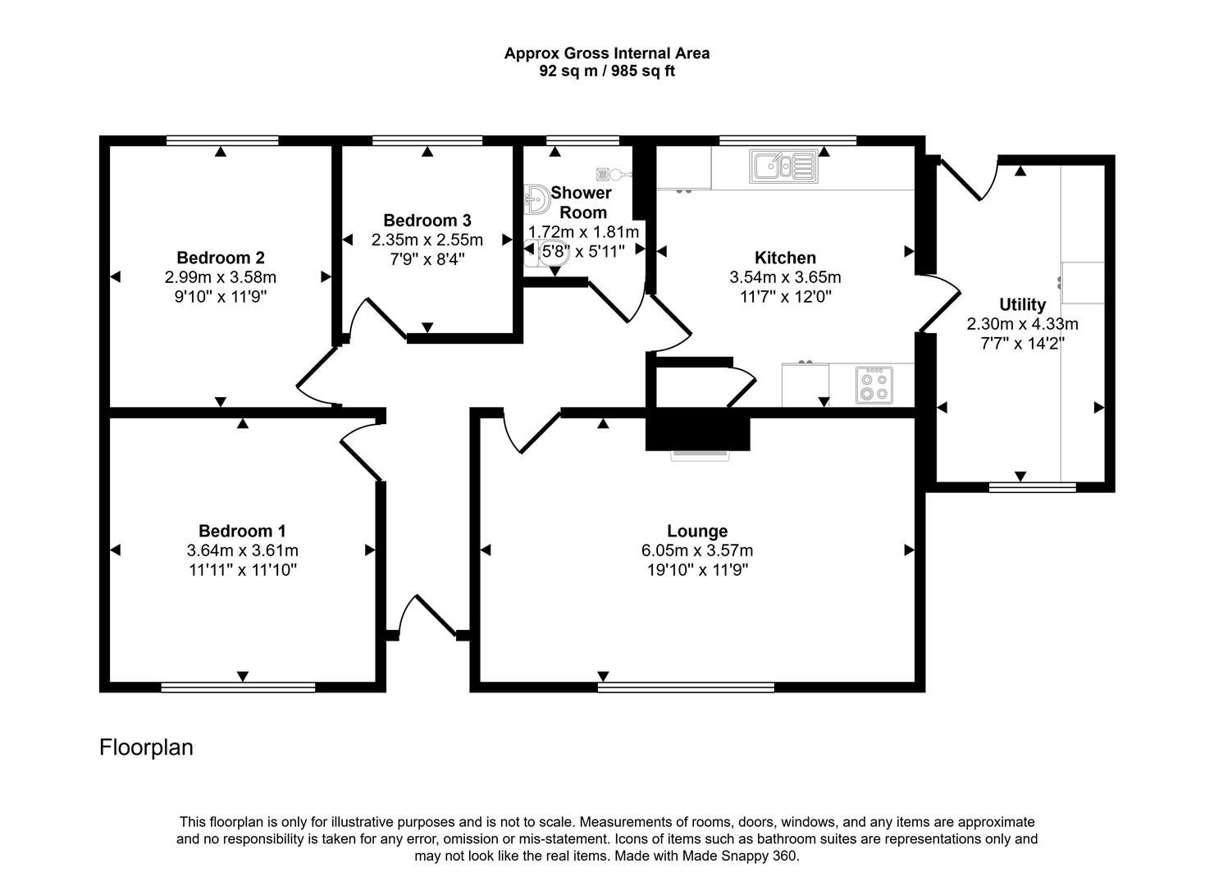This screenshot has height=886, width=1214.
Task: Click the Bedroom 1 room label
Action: tap(242, 531)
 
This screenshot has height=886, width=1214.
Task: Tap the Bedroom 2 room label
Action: tap(220, 258)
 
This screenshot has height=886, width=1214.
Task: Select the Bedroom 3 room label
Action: tap(427, 220)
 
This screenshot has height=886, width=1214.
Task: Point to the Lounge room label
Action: tap(696, 531)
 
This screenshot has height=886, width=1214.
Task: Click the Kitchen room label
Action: tap(785, 258)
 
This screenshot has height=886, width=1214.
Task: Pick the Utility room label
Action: tap(1022, 304)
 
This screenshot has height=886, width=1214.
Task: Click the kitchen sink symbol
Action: tap(783, 166)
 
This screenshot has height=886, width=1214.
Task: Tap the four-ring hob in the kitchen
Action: tap(873, 386)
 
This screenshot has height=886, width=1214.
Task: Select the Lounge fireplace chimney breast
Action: tap(697, 430)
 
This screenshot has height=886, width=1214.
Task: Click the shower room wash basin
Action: tap(536, 199)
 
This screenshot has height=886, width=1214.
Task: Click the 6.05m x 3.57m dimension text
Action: tap(696, 550)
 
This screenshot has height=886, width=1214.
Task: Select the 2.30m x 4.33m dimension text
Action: tap(1022, 324)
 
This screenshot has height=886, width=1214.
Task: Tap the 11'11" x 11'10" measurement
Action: tap(242, 570)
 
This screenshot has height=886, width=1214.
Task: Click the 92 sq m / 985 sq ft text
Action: tap(606, 71)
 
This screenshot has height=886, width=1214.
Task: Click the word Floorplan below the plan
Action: tap(146, 747)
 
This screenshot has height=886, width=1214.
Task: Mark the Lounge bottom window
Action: tap(686, 687)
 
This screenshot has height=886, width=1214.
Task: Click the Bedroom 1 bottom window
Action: tap(238, 687)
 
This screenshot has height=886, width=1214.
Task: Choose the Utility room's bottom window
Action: tap(1032, 487)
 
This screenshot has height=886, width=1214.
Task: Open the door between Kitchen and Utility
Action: tap(939, 304)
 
